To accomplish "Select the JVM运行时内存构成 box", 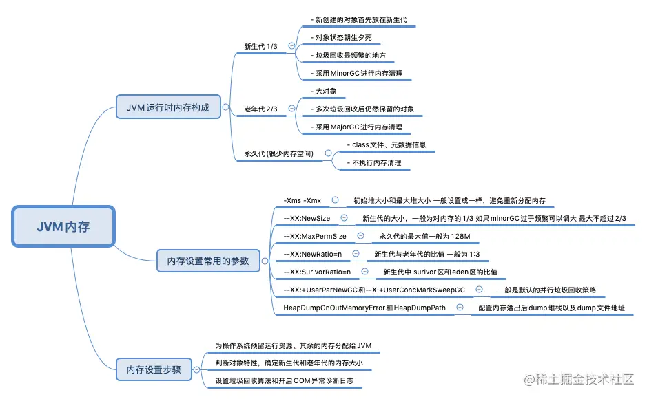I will pos(168,107).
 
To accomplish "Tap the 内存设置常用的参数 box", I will pos(208,261).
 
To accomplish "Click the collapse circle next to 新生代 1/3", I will pos(291,46).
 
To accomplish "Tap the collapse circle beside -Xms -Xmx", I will pos(335,200).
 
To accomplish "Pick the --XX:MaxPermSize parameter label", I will pos(315,236).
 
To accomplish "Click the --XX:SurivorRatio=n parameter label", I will pos(317,272).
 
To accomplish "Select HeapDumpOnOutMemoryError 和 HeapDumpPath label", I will pos(364,308).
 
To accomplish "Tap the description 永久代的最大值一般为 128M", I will pos(424,236).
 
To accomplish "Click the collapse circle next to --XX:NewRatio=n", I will pos(356,254).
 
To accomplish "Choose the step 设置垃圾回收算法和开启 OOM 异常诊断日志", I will pos(287,380).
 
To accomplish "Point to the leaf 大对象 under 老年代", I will pos(322,91).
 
